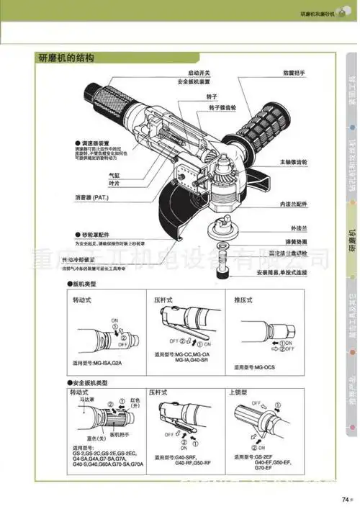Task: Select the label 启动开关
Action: click(199, 73)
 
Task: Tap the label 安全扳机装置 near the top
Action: click(194, 83)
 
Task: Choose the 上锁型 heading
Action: click(240, 394)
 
